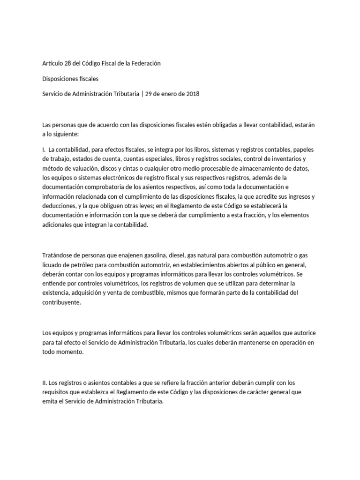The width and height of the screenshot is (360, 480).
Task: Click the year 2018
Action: coord(193,94)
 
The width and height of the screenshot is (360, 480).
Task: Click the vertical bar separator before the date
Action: coord(142,94)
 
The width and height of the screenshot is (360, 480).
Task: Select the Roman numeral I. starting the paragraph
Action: coord(44,150)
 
